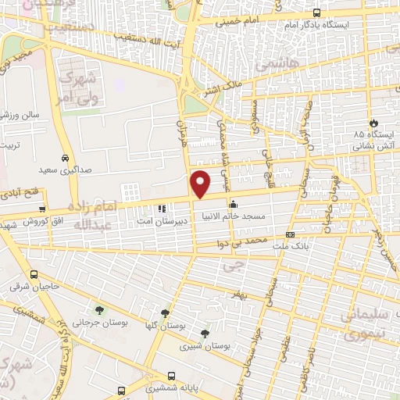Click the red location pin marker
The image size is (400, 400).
[x=201, y=183]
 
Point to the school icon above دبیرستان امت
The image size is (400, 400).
[x=162, y=209]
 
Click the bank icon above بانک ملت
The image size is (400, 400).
[x=290, y=234]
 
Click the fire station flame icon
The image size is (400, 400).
[x=373, y=123]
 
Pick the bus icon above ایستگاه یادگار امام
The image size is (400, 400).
[x=316, y=12]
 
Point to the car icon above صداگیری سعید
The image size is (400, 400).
[x=66, y=155]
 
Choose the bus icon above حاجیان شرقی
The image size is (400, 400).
[x=34, y=274]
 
